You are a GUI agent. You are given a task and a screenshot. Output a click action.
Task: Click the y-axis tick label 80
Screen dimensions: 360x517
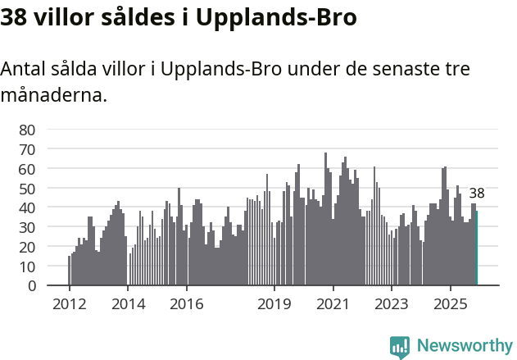click(27, 130)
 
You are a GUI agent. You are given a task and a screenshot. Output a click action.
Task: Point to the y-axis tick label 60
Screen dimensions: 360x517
click(27, 169)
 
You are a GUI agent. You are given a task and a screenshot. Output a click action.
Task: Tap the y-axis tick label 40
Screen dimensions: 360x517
click(27, 207)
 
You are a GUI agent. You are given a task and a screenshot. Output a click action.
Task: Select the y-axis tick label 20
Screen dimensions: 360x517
click(27, 247)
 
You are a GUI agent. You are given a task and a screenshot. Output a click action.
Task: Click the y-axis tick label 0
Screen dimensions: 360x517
click(31, 285)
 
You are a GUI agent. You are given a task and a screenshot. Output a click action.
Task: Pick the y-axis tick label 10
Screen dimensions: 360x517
click(27, 267)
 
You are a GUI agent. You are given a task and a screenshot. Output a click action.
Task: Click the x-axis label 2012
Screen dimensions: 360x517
click(69, 303)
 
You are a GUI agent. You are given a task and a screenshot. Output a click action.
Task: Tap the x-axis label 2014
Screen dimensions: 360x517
click(127, 303)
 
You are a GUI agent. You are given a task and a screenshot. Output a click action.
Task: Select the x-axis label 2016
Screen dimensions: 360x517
click(186, 303)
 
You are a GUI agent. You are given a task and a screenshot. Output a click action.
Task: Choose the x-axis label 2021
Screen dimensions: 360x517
click(333, 303)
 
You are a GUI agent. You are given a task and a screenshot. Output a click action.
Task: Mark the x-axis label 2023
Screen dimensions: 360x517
click(392, 303)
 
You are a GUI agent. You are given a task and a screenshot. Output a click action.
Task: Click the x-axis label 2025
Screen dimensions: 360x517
click(450, 303)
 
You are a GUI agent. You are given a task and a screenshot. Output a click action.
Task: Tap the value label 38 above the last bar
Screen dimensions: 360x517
click(477, 194)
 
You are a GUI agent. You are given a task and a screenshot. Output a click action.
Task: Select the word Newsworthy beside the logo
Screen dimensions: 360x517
click(465, 346)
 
